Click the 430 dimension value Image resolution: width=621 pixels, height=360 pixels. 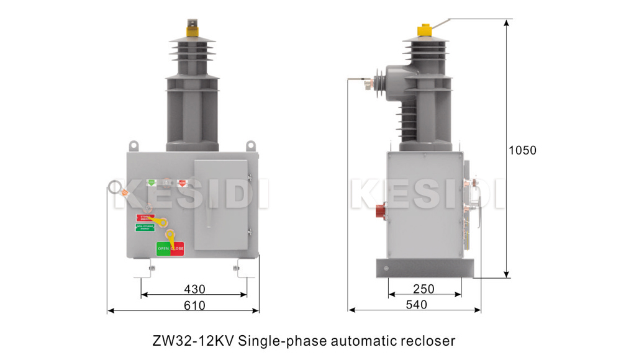pyautogui.click(x=194, y=289)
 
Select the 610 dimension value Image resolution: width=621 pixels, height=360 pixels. pyautogui.click(x=194, y=305)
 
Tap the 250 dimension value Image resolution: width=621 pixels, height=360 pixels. pyautogui.click(x=424, y=289)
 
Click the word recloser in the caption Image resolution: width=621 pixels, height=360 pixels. pyautogui.click(x=429, y=341)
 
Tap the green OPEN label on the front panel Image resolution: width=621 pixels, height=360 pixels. pyautogui.click(x=163, y=248)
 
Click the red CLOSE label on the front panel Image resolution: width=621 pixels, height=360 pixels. pyautogui.click(x=177, y=248)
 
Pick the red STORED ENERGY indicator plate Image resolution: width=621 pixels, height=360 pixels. pyautogui.click(x=145, y=217)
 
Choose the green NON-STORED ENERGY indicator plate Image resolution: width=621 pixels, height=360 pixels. pyautogui.click(x=145, y=227)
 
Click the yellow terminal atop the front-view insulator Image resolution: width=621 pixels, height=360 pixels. pyautogui.click(x=192, y=27)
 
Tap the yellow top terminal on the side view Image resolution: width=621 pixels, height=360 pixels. pyautogui.click(x=425, y=29)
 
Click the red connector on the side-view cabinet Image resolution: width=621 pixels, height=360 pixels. pyautogui.click(x=380, y=212)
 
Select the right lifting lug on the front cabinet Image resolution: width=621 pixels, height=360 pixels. pyautogui.click(x=251, y=145)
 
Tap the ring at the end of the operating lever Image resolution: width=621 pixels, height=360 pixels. pyautogui.click(x=116, y=187)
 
